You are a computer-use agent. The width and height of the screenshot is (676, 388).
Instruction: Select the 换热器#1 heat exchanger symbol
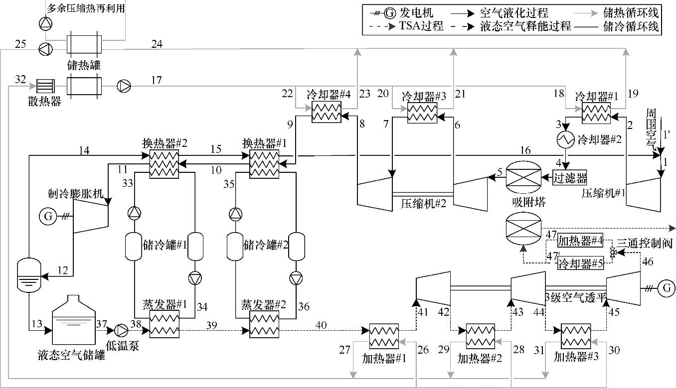click(x=264, y=162)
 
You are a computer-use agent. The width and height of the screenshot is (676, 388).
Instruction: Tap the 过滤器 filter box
click(x=570, y=176)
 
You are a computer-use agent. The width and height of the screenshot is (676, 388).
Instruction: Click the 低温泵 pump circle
click(x=121, y=330)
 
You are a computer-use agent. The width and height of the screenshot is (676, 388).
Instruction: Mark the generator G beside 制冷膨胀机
click(x=48, y=217)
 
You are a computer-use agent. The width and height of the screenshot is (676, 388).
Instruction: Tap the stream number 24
click(x=157, y=45)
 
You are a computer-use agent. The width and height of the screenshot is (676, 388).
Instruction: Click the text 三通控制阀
click(x=645, y=244)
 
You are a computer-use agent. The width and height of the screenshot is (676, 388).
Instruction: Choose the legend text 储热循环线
click(x=631, y=10)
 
